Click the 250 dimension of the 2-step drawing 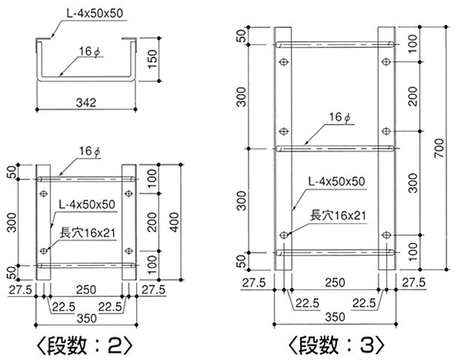point(86,290)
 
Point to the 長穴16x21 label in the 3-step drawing point(335,216)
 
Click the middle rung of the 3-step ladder point(334,146)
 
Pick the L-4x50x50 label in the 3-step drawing point(337,182)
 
